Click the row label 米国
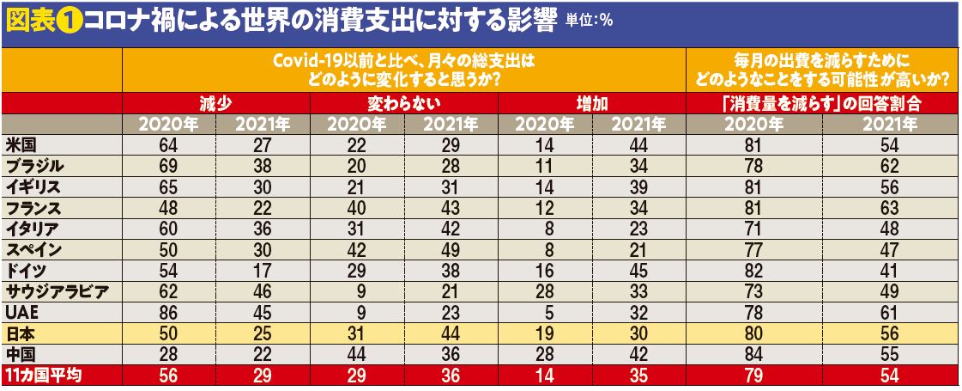click(21, 144)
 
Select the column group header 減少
click(215, 104)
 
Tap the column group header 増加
click(591, 104)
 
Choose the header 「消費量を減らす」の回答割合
click(822, 104)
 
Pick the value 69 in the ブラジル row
click(169, 165)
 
